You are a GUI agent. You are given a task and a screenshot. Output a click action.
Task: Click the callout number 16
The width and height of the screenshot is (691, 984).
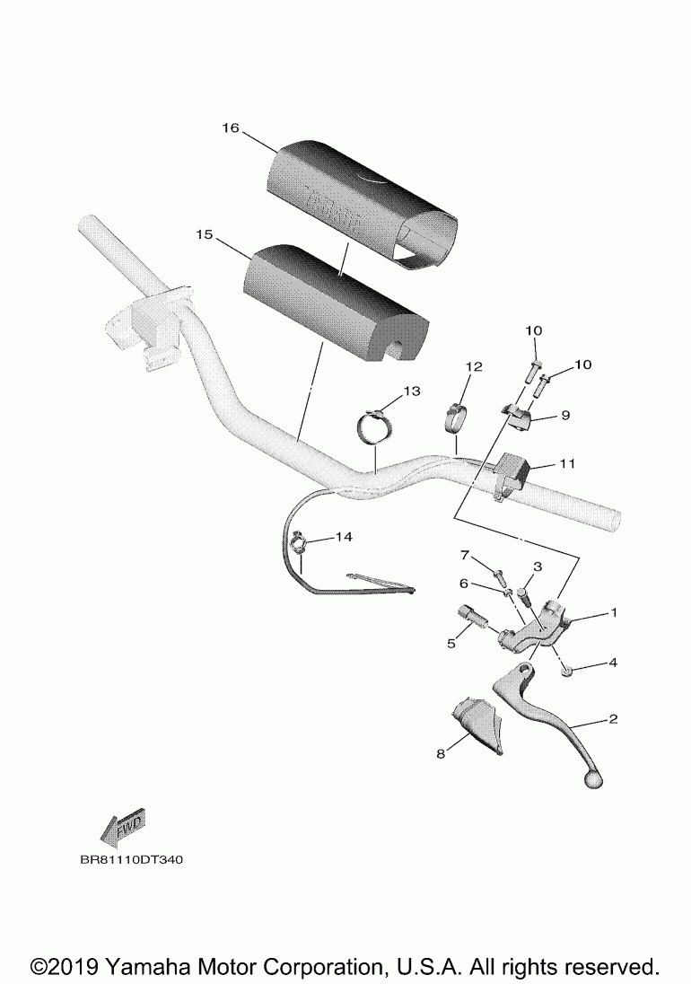(230, 128)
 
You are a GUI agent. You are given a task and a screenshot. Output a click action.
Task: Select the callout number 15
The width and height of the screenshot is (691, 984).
(204, 234)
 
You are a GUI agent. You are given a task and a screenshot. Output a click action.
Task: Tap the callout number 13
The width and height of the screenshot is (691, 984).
(411, 391)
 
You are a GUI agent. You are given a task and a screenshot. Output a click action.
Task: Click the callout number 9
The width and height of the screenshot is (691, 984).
(565, 415)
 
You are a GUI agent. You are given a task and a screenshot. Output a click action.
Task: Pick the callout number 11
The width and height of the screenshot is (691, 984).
(567, 464)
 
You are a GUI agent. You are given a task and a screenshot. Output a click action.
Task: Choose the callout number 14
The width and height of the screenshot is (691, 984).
(345, 537)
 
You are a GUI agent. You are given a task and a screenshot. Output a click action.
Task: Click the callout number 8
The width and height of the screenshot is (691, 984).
(441, 754)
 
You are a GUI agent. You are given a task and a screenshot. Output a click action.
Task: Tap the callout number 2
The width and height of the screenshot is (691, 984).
(613, 719)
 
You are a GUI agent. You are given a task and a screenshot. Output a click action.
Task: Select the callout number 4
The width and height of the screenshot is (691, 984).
(613, 663)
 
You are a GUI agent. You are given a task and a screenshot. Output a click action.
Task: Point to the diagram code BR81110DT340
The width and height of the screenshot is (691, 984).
(131, 859)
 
